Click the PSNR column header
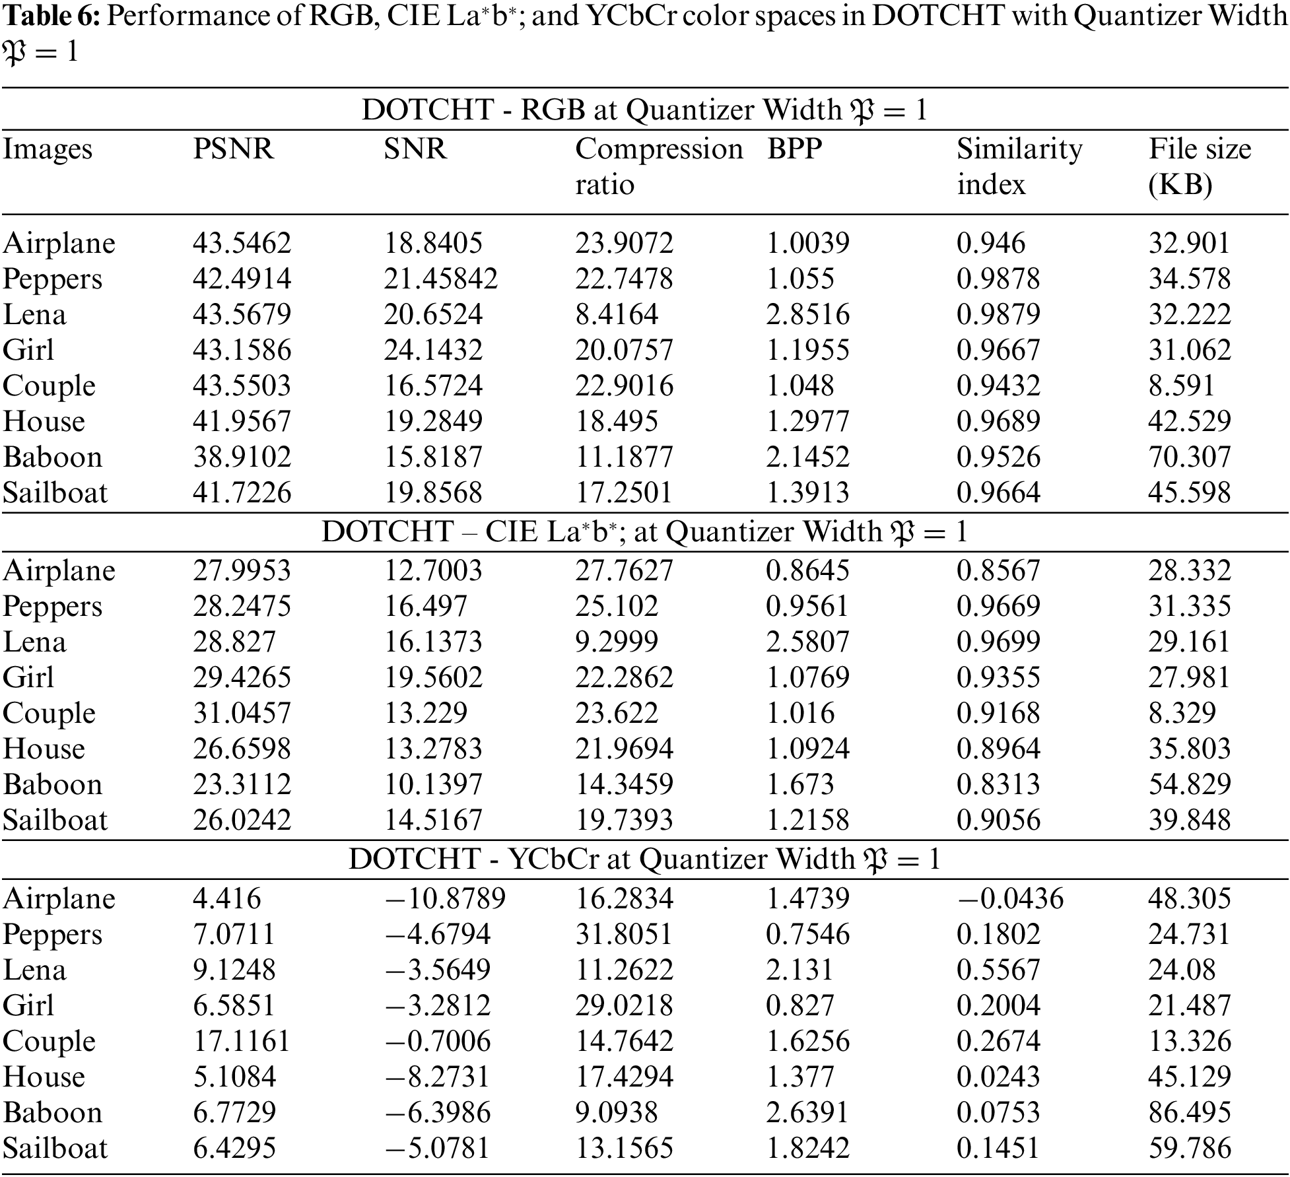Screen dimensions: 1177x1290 click(x=232, y=149)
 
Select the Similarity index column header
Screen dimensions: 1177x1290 click(x=1019, y=166)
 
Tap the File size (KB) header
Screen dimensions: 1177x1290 click(x=1199, y=166)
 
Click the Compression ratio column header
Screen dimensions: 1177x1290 click(x=658, y=166)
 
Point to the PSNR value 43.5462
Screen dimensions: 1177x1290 click(x=242, y=243)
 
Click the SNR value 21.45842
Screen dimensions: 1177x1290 click(x=440, y=279)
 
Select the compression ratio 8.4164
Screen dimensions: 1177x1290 click(x=617, y=314)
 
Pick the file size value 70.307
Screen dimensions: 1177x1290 click(x=1189, y=457)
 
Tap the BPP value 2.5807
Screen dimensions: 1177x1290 click(x=807, y=642)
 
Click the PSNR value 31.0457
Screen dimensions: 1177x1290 click(x=242, y=713)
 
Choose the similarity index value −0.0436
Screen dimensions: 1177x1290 click(x=1010, y=898)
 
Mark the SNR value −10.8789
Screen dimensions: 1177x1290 click(x=445, y=898)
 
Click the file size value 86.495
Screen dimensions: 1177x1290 click(x=1189, y=1112)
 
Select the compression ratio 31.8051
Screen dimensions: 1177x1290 click(x=624, y=934)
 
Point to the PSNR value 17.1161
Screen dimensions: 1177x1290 click(x=242, y=1041)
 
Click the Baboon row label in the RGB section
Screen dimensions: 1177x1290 click(x=53, y=457)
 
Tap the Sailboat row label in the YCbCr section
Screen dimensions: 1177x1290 click(x=55, y=1148)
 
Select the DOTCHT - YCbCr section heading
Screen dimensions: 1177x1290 click(x=644, y=859)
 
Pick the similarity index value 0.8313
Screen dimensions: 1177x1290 click(x=998, y=784)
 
